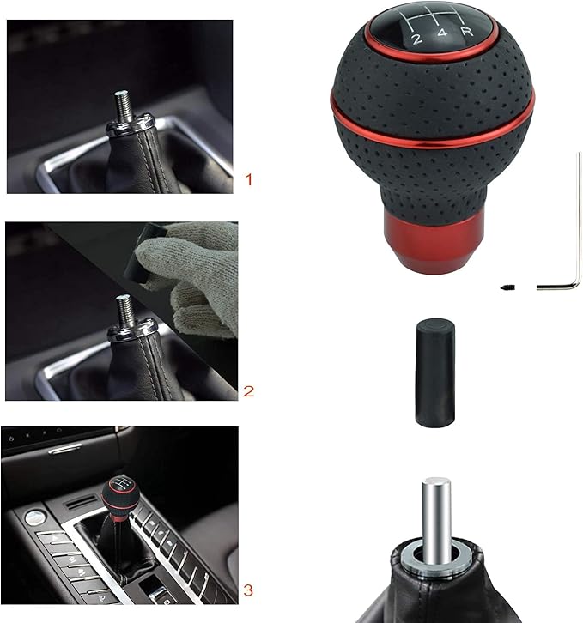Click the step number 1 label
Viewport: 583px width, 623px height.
(x=249, y=180)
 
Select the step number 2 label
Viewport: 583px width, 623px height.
(x=249, y=391)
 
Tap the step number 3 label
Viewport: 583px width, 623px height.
(x=248, y=590)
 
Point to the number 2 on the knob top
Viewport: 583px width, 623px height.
(x=417, y=39)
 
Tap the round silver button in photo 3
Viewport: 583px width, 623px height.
(x=34, y=517)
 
